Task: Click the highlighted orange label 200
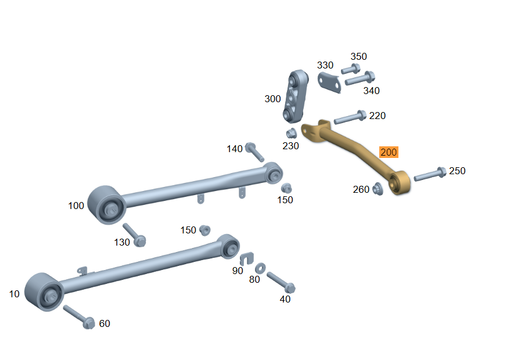389,152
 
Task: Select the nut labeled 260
378,189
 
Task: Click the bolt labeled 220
350,117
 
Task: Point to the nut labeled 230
291,134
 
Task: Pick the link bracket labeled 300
296,96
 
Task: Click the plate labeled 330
329,82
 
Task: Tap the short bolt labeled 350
350,69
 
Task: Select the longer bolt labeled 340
360,78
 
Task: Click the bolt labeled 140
254,152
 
